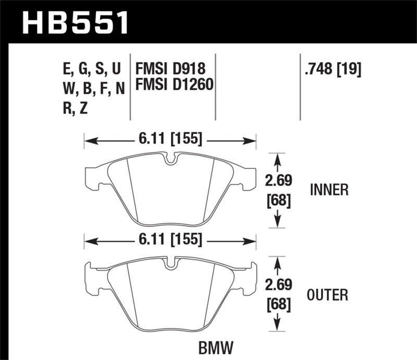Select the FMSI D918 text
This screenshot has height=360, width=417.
tap(171, 69)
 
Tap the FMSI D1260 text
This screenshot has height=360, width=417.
tap(175, 83)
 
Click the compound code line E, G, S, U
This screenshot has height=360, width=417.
tap(91, 69)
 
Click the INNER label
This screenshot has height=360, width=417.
tap(328, 190)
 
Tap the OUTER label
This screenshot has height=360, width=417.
tap(328, 295)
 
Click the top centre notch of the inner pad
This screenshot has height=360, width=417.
tap(169, 159)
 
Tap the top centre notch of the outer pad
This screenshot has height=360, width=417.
tap(169, 263)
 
